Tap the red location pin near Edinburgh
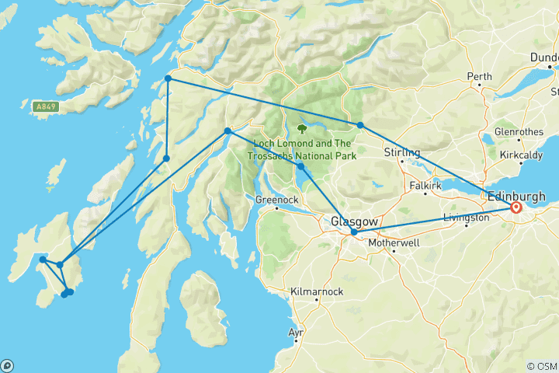pos(516,207)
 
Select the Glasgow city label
pos(355,221)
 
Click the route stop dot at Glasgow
pos(354,232)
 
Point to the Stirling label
pos(401,152)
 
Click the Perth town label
pos(479,76)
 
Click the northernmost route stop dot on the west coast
pos(168,78)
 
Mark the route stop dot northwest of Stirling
pos(360,125)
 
